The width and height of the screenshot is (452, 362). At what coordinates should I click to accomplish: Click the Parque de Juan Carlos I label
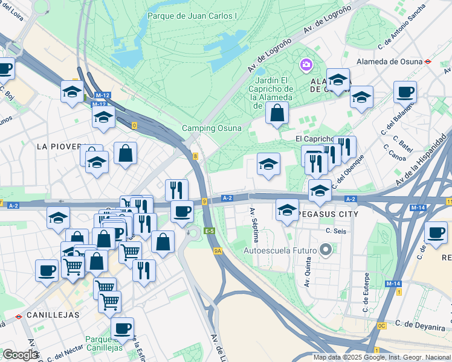[193, 16]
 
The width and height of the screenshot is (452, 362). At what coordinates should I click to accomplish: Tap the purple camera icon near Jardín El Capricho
[306, 64]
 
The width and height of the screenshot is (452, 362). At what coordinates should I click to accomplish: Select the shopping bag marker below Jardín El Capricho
[277, 113]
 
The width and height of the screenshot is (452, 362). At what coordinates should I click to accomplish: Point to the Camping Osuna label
[211, 128]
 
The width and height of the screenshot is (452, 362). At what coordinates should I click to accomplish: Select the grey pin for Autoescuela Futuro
[326, 249]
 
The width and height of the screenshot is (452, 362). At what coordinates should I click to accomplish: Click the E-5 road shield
[210, 231]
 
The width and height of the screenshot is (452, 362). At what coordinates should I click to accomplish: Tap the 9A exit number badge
[218, 250]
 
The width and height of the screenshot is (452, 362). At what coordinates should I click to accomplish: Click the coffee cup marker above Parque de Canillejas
[123, 328]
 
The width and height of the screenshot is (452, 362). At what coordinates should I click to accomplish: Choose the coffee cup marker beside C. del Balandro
[405, 92]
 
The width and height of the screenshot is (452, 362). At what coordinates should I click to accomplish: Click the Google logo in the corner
[20, 354]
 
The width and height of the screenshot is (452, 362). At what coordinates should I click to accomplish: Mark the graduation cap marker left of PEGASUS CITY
[287, 210]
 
